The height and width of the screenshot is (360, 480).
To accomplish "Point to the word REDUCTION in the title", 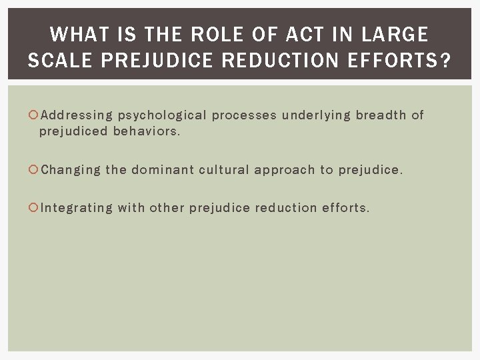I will pyautogui.click(x=285, y=61).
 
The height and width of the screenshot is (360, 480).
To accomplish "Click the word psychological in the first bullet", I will pyautogui.click(x=162, y=116).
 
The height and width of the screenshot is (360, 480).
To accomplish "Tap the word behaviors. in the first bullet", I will pyautogui.click(x=147, y=131).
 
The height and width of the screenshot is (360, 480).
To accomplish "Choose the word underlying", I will pyautogui.click(x=315, y=116).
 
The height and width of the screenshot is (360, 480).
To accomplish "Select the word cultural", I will pyautogui.click(x=225, y=170).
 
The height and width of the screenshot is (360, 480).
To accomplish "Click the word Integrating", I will pyautogui.click(x=77, y=208).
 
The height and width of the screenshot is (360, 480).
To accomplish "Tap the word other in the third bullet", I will pyautogui.click(x=167, y=207).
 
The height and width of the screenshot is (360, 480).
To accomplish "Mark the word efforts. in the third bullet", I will pyautogui.click(x=345, y=207).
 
